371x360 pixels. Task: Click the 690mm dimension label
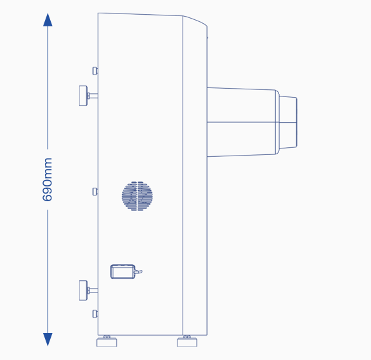pos(48,179)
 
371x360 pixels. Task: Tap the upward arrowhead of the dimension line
pos(48,20)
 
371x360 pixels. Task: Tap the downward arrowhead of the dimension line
pos(48,339)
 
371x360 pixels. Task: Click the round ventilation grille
pos(137,196)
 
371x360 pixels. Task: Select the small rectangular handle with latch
pos(123,271)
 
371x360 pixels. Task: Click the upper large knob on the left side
pos(84,96)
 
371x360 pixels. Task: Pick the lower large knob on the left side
pos(84,291)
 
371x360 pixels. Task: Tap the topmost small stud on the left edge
pos(95,71)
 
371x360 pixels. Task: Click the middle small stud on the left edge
pos(95,192)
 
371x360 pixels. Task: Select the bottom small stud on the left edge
pos(95,314)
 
